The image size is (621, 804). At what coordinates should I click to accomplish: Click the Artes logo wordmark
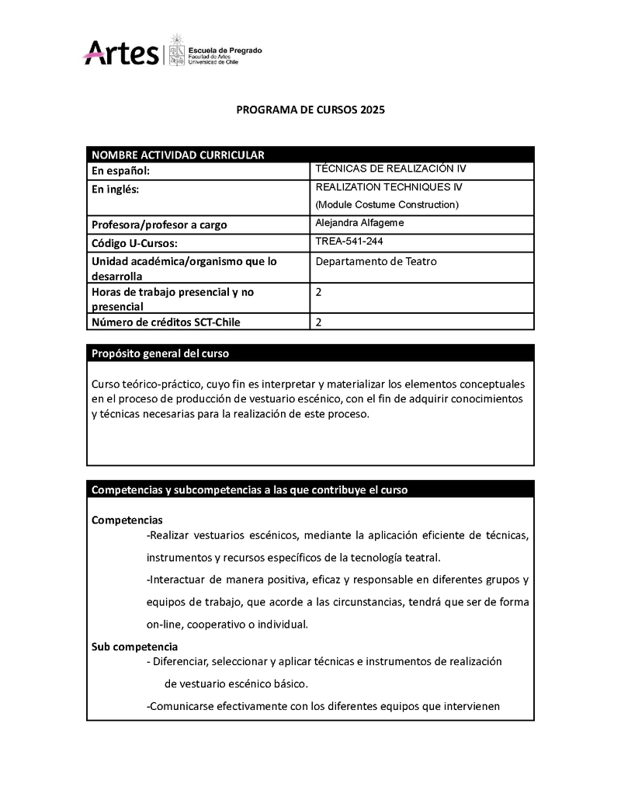click(x=121, y=53)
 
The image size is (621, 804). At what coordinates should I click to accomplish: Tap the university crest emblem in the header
click(x=177, y=50)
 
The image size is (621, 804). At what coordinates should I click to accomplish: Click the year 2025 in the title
click(x=372, y=110)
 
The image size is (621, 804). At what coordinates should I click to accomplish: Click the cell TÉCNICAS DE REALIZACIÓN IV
click(x=390, y=169)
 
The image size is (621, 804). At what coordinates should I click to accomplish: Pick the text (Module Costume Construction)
click(x=387, y=205)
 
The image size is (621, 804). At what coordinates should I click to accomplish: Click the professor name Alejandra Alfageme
click(x=359, y=223)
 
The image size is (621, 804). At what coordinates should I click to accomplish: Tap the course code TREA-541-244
click(x=349, y=242)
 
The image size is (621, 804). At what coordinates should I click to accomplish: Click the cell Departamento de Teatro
click(x=376, y=262)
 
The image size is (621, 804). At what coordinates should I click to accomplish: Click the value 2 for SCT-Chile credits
click(x=319, y=322)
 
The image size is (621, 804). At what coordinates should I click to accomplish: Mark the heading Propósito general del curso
click(x=160, y=353)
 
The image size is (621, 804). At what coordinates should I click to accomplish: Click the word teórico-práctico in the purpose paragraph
click(x=161, y=385)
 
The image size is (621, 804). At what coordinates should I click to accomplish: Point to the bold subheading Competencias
click(x=127, y=520)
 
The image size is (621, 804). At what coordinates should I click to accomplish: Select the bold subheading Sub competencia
click(x=134, y=646)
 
